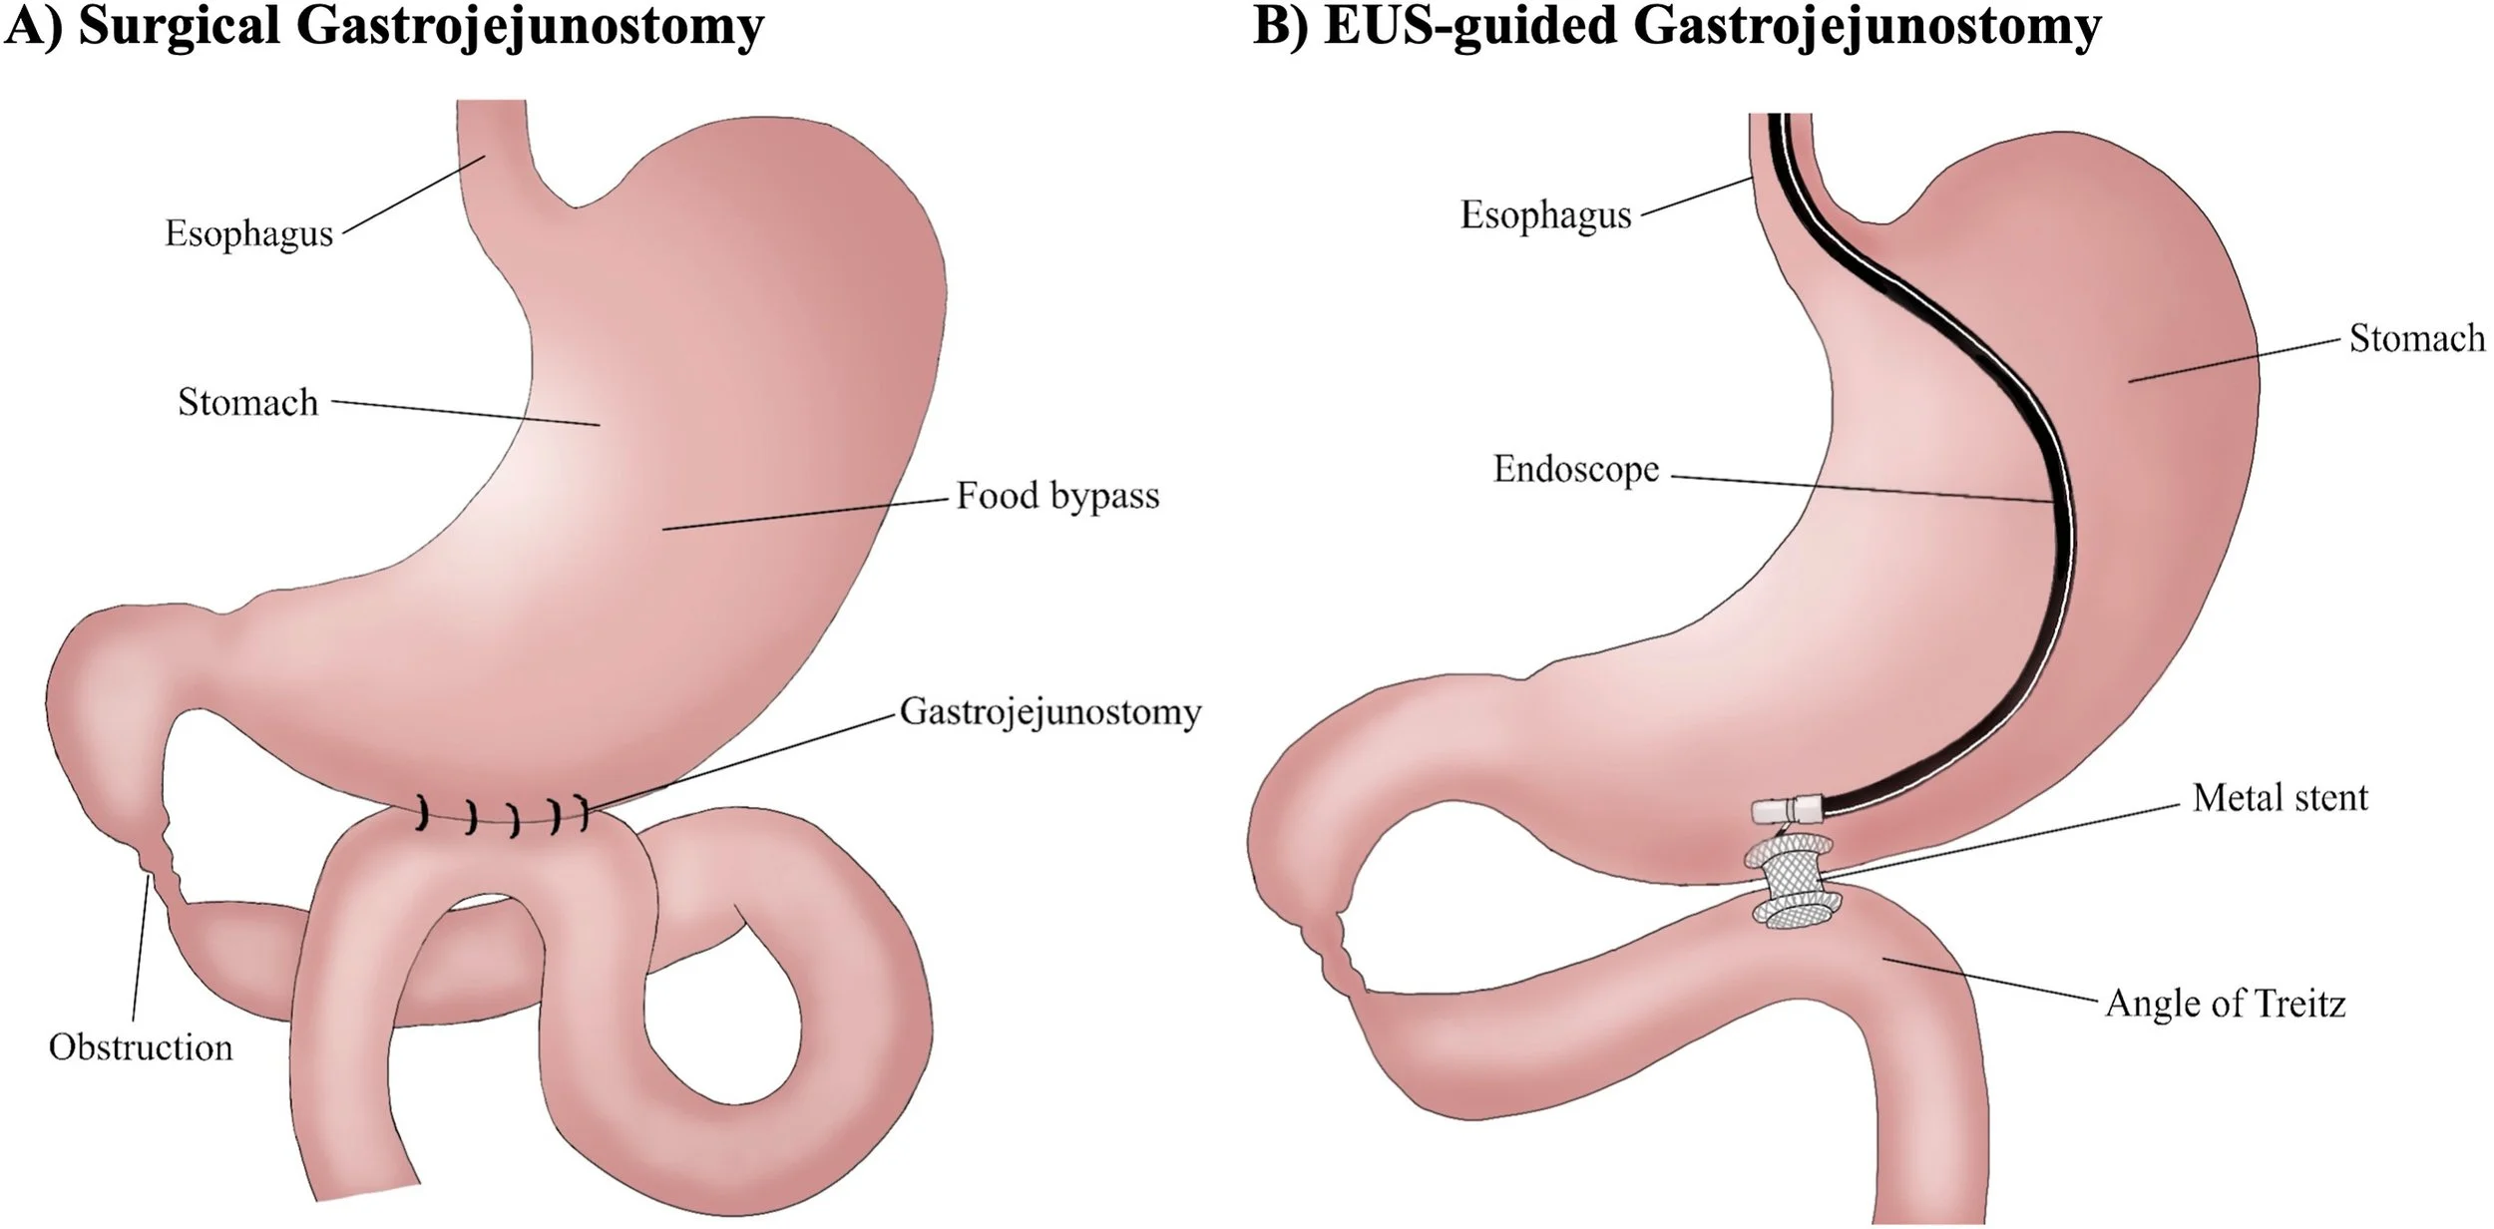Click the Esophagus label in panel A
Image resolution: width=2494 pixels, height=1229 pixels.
click(248, 233)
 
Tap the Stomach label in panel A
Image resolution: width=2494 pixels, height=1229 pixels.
click(248, 402)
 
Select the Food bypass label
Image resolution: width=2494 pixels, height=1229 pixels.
click(1057, 496)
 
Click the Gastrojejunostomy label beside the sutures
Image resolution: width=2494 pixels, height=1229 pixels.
click(1050, 712)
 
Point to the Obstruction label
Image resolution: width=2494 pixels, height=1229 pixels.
click(141, 1047)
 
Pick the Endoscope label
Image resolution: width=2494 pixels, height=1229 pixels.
click(1576, 469)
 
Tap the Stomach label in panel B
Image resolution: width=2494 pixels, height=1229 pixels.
click(2417, 339)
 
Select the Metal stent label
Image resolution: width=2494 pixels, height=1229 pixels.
click(2280, 797)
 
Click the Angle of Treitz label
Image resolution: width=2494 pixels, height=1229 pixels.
click(2225, 1004)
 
